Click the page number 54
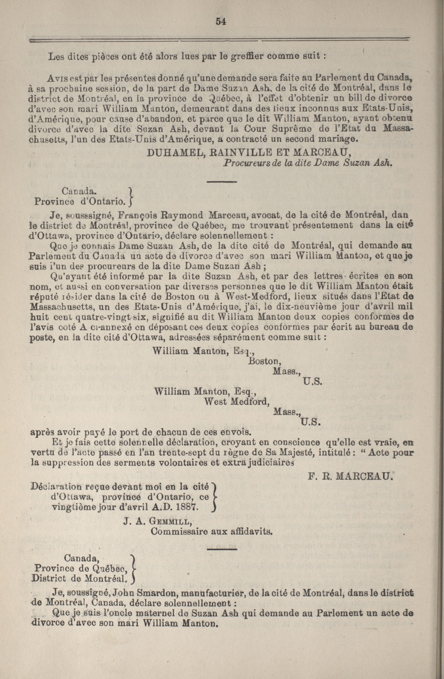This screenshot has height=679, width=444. click(x=221, y=22)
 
